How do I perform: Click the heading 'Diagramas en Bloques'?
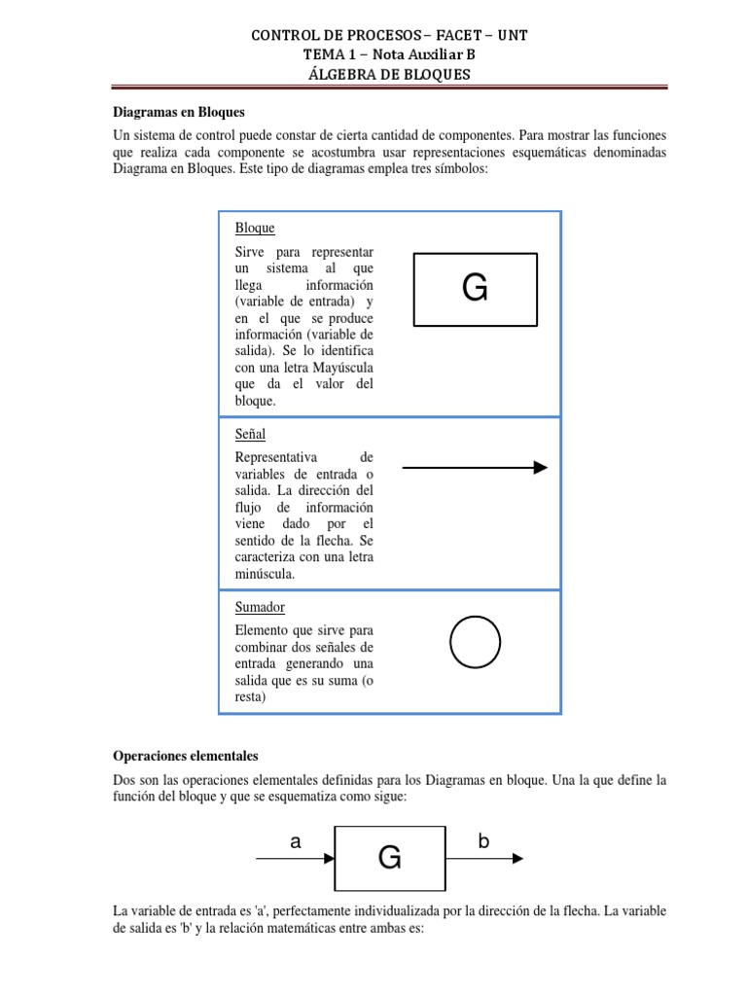click(178, 112)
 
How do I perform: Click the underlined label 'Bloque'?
click(255, 228)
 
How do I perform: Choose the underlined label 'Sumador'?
click(260, 607)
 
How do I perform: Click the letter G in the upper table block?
click(475, 289)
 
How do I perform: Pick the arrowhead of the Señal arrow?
click(540, 468)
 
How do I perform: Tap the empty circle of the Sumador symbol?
click(475, 643)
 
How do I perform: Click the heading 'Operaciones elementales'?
click(186, 755)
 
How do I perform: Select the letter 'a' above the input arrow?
click(295, 843)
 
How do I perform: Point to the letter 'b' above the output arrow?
click(483, 842)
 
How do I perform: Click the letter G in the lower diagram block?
click(389, 858)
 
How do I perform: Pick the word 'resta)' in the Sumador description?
click(251, 697)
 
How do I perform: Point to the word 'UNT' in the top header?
click(513, 36)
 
